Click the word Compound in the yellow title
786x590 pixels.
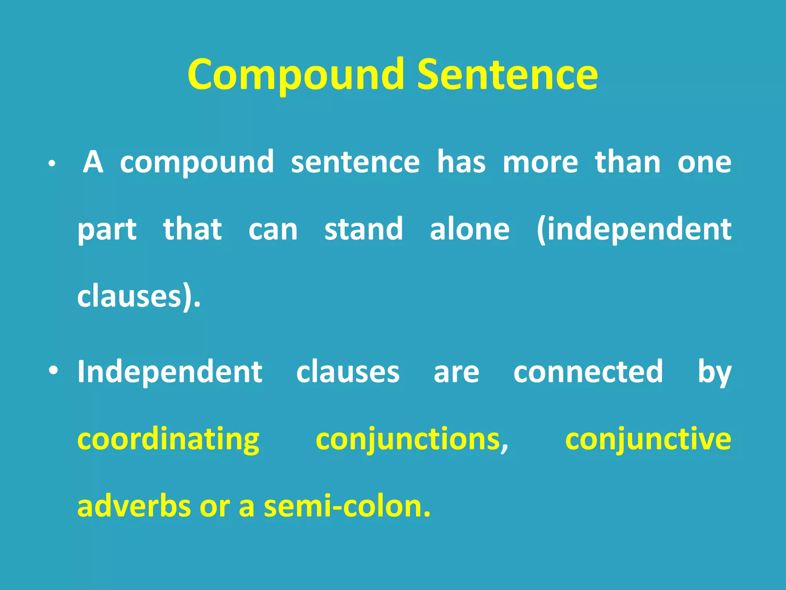point(296,75)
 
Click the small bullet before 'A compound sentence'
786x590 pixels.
point(52,164)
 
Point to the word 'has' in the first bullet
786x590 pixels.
point(461,162)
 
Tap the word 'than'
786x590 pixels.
point(627,162)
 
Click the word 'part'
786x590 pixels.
point(107,230)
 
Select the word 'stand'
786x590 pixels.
point(363,229)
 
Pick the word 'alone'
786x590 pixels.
point(470,229)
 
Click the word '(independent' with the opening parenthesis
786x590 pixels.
point(634,230)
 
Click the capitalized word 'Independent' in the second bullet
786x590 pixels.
point(170,372)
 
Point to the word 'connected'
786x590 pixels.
point(588,372)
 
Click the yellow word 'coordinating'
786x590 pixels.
point(168,440)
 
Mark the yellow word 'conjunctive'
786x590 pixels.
point(648,440)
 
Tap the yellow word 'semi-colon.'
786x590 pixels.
point(347,506)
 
